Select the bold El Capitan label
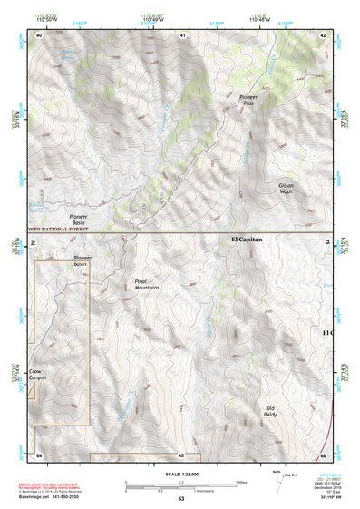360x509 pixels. click(x=246, y=240)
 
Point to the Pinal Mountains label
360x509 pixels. click(x=146, y=285)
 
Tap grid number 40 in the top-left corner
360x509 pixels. click(x=39, y=34)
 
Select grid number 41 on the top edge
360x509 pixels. click(x=182, y=34)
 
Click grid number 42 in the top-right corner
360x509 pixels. click(x=324, y=34)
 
